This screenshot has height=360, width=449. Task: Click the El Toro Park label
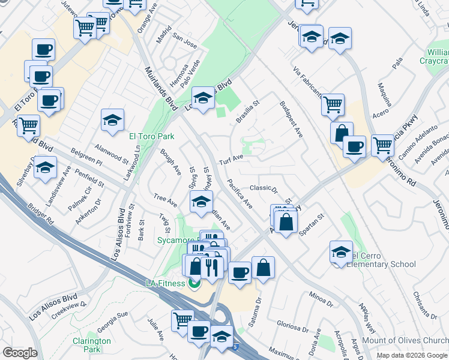tap(152, 136)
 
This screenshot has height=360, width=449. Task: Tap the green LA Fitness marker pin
tap(194, 282)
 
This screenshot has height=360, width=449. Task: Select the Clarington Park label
tap(91, 345)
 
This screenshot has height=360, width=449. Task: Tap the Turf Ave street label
tap(231, 160)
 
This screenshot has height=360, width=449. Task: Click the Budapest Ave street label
tap(291, 119)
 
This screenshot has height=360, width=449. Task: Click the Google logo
tap(20, 353)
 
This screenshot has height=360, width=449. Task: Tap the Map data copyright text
tap(412, 355)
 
